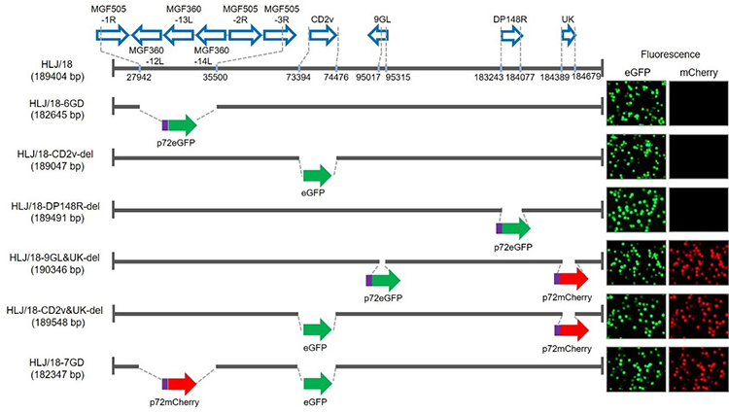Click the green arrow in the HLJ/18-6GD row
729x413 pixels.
181,124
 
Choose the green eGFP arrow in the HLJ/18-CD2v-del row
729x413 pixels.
317,176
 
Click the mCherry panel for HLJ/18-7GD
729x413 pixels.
697,368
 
